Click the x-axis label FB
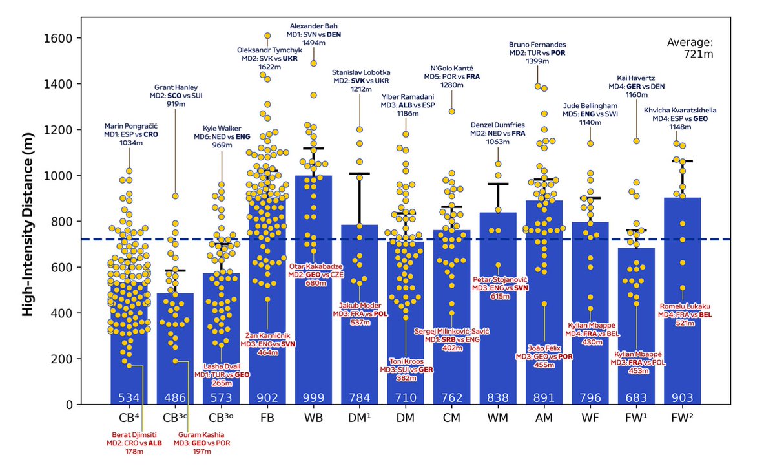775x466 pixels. pos(267,418)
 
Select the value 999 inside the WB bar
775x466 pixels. pos(313,396)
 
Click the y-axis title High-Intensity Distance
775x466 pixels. pos(27,221)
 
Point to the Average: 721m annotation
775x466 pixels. pos(689,48)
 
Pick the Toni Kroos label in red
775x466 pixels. pos(406,361)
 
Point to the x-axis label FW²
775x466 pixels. pos(683,418)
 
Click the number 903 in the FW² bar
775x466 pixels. pos(683,396)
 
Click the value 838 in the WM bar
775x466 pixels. pos(498,396)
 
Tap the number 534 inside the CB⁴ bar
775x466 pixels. pos(129,396)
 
